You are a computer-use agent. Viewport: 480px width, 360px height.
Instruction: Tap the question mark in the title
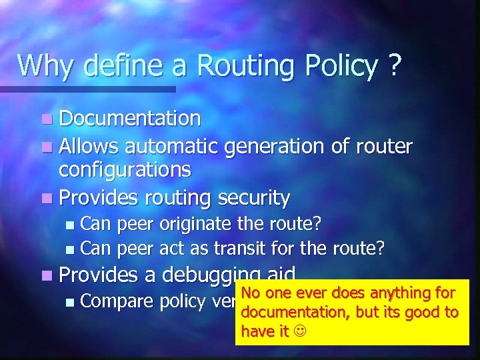coord(395,65)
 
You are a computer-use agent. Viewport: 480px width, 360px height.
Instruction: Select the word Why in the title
coord(43,65)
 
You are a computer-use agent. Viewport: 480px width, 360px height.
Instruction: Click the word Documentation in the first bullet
coord(129,119)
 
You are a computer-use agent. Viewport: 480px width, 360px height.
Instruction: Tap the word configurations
coord(125,169)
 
